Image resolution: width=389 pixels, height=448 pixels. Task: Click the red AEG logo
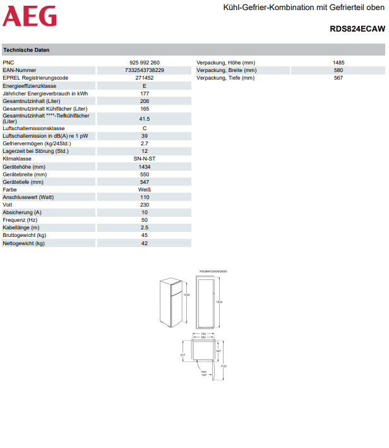pos(30,16)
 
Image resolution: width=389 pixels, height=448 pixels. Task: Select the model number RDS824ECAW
pos(357,29)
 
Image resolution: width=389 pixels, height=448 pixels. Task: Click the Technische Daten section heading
pos(27,50)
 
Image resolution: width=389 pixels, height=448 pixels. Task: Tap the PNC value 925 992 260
pos(145,63)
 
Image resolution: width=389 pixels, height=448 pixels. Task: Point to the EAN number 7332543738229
pos(145,70)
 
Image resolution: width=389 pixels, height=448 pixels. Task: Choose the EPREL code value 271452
pos(145,78)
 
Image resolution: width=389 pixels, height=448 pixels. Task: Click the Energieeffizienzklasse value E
pos(145,85)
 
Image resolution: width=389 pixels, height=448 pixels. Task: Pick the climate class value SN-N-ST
pos(145,159)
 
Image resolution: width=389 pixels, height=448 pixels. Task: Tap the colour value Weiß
pos(145,189)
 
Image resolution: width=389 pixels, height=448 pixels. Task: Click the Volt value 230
pos(145,205)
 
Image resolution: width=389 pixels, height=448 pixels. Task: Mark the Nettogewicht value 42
pos(145,243)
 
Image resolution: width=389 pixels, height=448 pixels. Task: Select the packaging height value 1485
pos(338,63)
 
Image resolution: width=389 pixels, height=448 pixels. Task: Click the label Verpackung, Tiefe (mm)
pos(225,78)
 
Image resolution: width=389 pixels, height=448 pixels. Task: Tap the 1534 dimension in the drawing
pos(219,302)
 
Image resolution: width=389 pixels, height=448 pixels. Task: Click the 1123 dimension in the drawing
pos(224,366)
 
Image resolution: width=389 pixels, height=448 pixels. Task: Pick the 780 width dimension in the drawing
pos(203,334)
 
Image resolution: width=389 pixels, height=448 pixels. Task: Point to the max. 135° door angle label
pos(204,373)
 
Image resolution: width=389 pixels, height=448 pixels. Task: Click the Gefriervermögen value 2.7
pos(145,143)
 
